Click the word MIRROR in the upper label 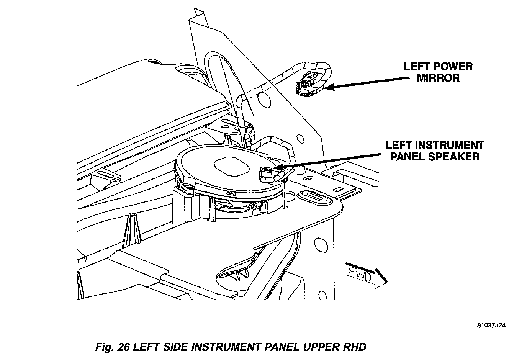[x=438, y=78]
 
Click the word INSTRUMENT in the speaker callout [x=452, y=145]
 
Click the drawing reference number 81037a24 [x=492, y=326]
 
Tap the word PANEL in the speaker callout [x=408, y=157]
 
